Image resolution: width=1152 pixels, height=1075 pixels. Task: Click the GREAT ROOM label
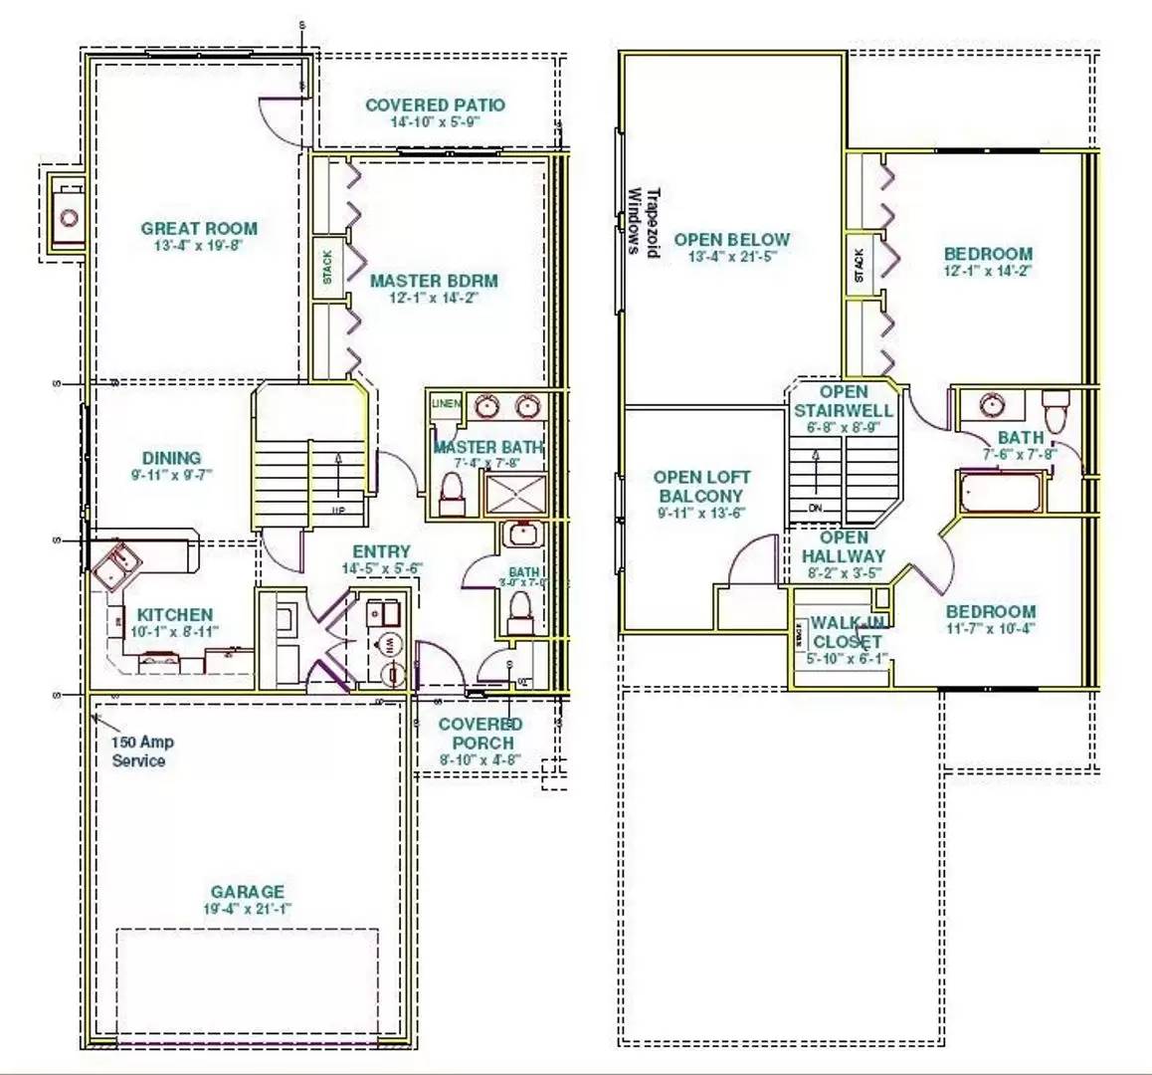pyautogui.click(x=199, y=229)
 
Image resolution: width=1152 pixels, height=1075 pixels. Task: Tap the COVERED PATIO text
pyautogui.click(x=435, y=106)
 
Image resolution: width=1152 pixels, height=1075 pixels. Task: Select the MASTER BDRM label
pyautogui.click(x=434, y=281)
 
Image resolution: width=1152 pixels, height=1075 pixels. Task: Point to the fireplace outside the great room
pyautogui.click(x=68, y=214)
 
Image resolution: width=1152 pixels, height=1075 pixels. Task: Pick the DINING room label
pyautogui.click(x=171, y=459)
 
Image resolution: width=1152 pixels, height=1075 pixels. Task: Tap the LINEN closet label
pyautogui.click(x=445, y=404)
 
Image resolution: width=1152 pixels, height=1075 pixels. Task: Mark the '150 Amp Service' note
pyautogui.click(x=138, y=752)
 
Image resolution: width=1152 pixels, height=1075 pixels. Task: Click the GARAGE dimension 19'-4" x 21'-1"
pyautogui.click(x=247, y=909)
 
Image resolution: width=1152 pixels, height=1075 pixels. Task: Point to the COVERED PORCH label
pyautogui.click(x=481, y=734)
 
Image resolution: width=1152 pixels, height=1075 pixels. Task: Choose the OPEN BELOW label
pyautogui.click(x=731, y=240)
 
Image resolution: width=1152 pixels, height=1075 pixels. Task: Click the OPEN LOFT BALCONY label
pyautogui.click(x=701, y=487)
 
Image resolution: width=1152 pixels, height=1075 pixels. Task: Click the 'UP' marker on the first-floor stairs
pyautogui.click(x=339, y=510)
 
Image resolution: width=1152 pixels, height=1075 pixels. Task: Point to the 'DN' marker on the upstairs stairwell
pyautogui.click(x=816, y=508)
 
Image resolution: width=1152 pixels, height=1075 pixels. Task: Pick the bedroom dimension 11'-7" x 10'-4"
pyautogui.click(x=990, y=628)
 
